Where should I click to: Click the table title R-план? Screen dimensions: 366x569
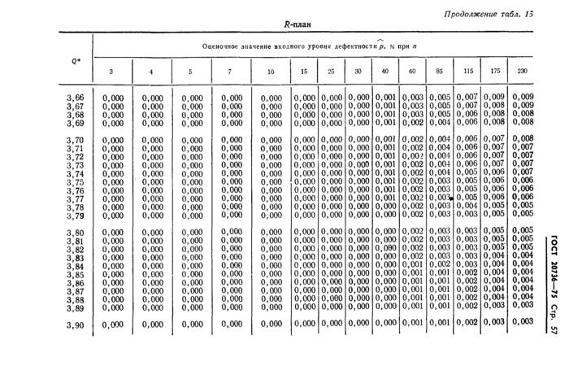click(x=298, y=24)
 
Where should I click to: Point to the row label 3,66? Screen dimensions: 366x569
click(x=74, y=98)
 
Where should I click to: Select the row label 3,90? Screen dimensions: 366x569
click(x=74, y=325)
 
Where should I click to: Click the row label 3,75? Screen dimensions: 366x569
click(x=74, y=182)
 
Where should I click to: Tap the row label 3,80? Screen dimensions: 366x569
click(x=74, y=233)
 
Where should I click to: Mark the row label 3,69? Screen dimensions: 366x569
click(x=74, y=124)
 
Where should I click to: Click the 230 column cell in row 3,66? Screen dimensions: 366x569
click(x=522, y=97)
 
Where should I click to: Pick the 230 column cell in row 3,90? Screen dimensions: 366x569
click(x=522, y=324)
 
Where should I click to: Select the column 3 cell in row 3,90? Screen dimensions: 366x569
click(x=113, y=325)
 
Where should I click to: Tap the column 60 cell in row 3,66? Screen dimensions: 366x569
click(x=413, y=98)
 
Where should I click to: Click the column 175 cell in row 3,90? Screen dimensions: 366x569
click(x=493, y=324)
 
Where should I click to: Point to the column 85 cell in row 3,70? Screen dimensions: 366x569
click(x=440, y=139)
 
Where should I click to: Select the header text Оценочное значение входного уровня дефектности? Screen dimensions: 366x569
click(x=293, y=46)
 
